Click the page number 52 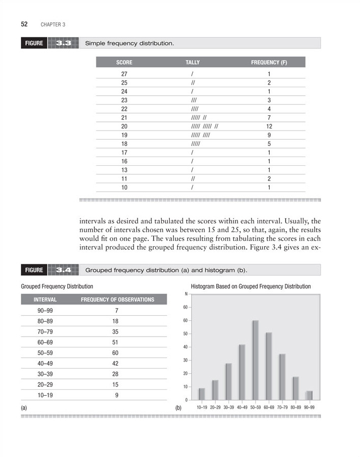tap(23, 24)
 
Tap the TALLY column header tap(192, 62)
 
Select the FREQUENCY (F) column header tap(269, 62)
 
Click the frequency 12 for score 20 tap(269, 126)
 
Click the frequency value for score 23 tap(269, 100)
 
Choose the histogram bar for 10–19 tap(202, 394)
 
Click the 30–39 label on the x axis tap(228, 407)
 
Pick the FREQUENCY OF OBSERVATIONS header tap(117, 299)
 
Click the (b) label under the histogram tap(178, 408)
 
